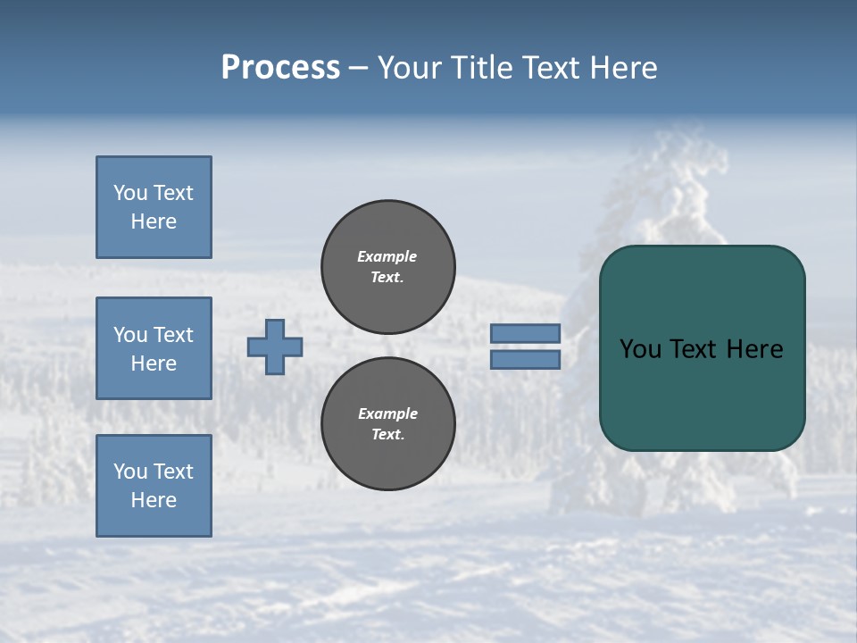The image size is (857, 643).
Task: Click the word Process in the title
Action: tap(280, 68)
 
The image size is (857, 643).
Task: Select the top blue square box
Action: tap(154, 207)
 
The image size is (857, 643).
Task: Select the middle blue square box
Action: tap(154, 348)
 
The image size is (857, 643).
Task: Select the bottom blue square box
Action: tap(154, 486)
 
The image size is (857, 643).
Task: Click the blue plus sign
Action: tap(275, 347)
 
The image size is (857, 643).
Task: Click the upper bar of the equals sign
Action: tap(525, 333)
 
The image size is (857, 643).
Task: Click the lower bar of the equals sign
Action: tap(525, 360)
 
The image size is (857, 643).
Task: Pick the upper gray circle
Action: tap(388, 267)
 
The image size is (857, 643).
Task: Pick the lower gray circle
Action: tap(388, 424)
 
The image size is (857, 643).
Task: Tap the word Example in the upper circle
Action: tap(387, 256)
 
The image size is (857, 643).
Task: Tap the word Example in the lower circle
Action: tap(387, 413)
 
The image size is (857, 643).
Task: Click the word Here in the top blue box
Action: tap(154, 221)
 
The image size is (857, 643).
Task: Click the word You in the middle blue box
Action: tap(129, 335)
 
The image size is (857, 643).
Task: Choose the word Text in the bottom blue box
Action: tap(173, 472)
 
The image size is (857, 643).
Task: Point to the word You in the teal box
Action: tap(639, 349)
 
